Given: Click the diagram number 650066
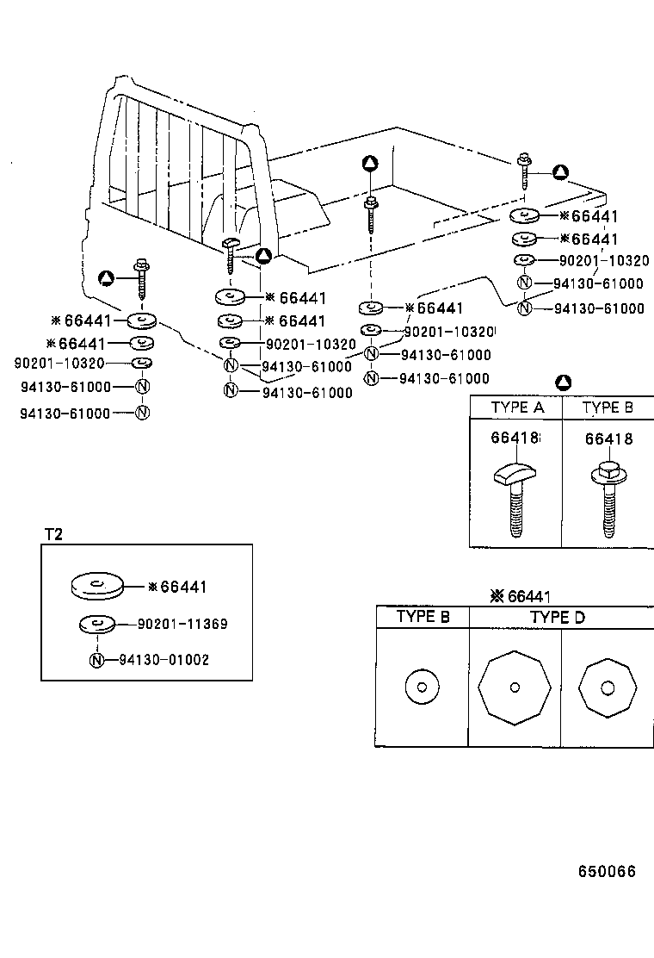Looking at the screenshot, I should [606, 871].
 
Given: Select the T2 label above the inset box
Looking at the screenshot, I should [53, 534].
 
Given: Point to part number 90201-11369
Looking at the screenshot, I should [182, 623].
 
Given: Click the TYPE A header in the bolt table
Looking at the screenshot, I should [516, 407].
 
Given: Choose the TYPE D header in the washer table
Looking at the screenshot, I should [557, 617].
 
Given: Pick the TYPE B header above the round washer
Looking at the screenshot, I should [422, 617].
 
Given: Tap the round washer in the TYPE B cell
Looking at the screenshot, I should [422, 687].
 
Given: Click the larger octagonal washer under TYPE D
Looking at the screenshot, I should [514, 687].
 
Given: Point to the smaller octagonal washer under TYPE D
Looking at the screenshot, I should [608, 687].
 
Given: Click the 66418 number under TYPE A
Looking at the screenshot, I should [515, 439].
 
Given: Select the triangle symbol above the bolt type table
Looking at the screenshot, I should [563, 382].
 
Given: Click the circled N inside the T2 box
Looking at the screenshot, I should [97, 660].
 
